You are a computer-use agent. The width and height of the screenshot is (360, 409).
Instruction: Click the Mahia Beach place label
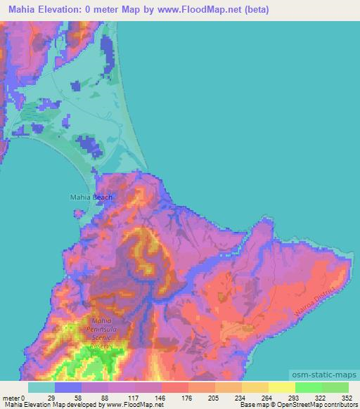(x=91, y=197)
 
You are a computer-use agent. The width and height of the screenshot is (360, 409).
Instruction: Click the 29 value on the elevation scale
(x=55, y=397)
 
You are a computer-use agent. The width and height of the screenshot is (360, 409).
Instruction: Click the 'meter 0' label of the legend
(x=14, y=397)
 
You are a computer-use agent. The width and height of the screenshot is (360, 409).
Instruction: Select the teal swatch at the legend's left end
(x=41, y=387)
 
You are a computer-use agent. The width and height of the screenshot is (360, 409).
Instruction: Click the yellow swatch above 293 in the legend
(x=282, y=387)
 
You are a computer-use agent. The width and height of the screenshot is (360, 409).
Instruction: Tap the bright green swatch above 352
(x=335, y=387)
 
